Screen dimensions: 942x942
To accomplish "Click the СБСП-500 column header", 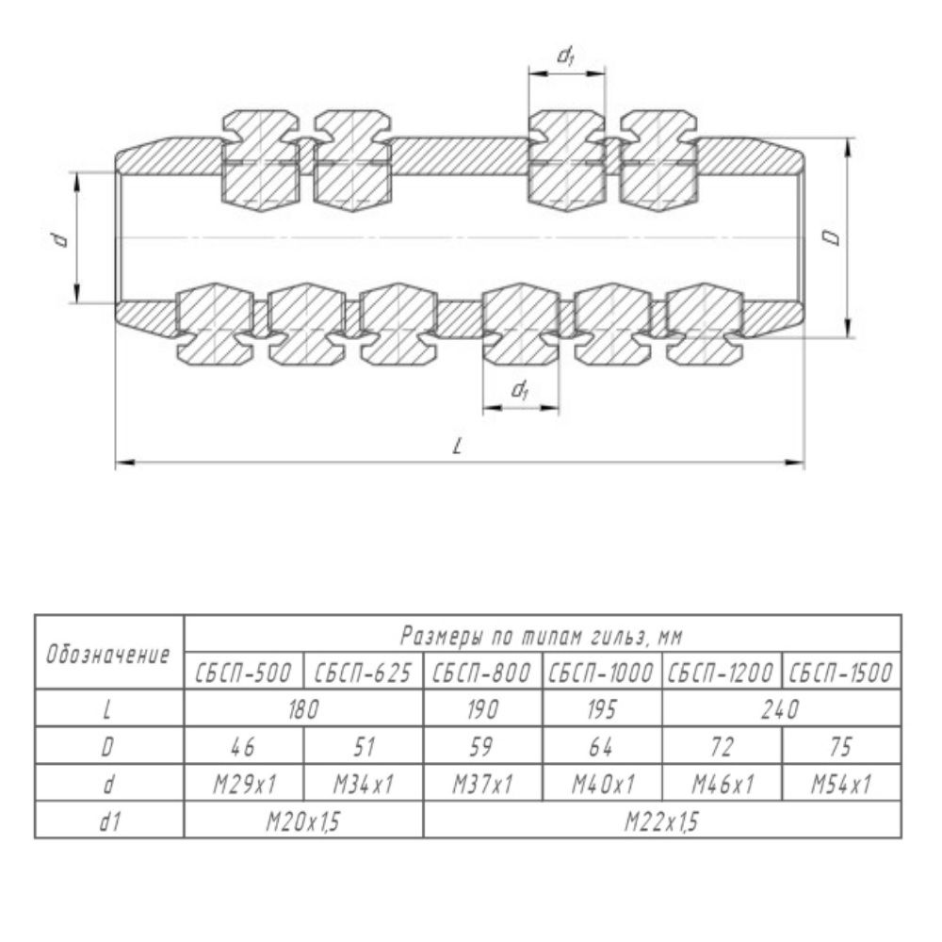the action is click(243, 672).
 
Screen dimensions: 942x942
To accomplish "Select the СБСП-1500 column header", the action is click(841, 672).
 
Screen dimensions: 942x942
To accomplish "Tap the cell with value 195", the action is click(602, 709).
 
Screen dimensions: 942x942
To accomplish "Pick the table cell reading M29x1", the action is click(243, 783).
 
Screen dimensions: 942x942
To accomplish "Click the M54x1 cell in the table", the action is click(841, 783).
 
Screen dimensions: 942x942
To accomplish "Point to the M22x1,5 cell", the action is click(662, 820).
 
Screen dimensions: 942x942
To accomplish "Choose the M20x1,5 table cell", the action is click(303, 820).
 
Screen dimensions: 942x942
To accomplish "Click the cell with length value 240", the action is click(781, 709).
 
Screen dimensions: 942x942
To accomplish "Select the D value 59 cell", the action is click(482, 746).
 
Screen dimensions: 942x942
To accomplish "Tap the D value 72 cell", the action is click(723, 746).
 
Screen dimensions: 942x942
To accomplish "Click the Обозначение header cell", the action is click(108, 653).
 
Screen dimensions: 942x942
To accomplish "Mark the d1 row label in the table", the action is click(108, 820).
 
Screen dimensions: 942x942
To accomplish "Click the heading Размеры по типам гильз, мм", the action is click(542, 635).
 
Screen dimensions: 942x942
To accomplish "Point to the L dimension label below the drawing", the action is click(458, 446).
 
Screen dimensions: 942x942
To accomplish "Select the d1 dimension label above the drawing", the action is click(566, 57).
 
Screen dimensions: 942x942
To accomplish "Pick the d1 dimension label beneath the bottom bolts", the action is click(520, 390).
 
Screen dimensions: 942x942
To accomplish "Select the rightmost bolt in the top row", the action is click(660, 161).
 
